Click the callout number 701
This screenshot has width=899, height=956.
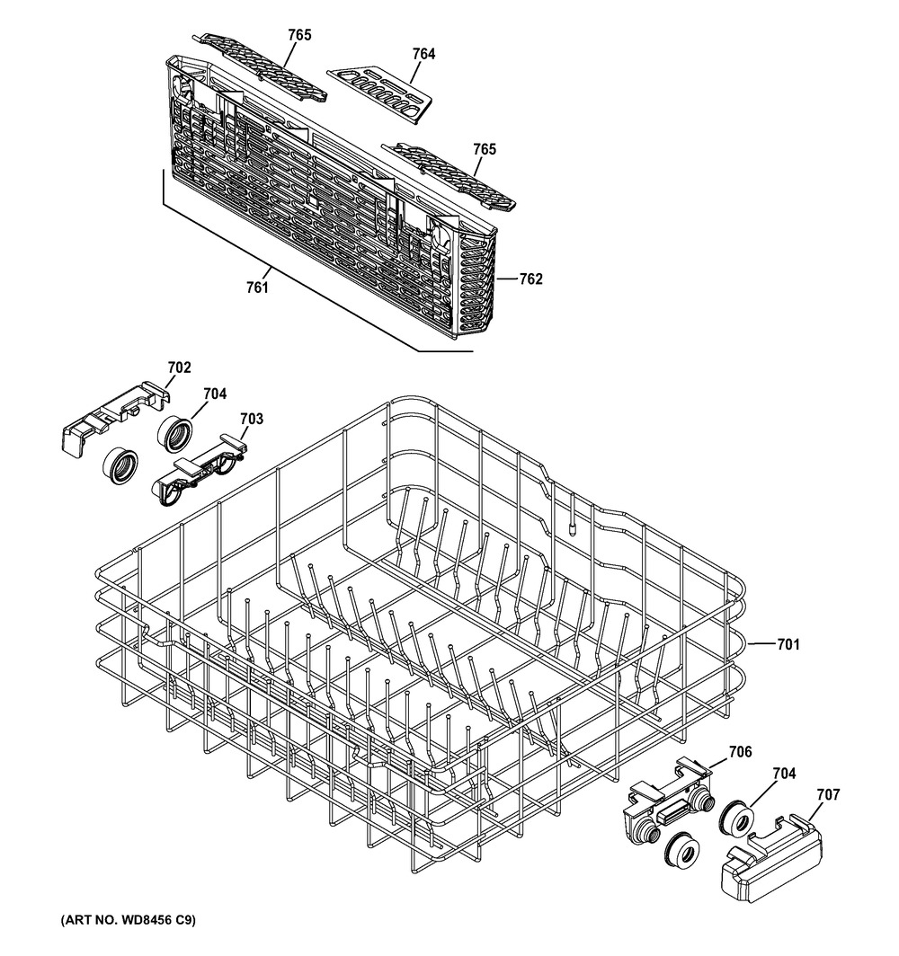click(x=788, y=644)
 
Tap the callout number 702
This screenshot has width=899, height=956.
click(x=179, y=367)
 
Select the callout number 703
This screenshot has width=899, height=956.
click(x=252, y=419)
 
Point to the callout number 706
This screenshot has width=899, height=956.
click(x=741, y=752)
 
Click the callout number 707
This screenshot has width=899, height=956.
click(x=828, y=794)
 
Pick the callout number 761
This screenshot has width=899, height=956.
click(x=257, y=288)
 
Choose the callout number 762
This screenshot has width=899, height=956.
click(x=530, y=279)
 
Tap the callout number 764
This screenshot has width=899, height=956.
click(x=424, y=54)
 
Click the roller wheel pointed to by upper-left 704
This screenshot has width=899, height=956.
click(x=175, y=434)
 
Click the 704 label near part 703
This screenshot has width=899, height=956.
click(x=215, y=394)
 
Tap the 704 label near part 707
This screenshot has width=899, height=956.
click(x=784, y=774)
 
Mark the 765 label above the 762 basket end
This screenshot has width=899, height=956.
click(x=485, y=149)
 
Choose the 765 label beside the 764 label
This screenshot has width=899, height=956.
click(x=299, y=35)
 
